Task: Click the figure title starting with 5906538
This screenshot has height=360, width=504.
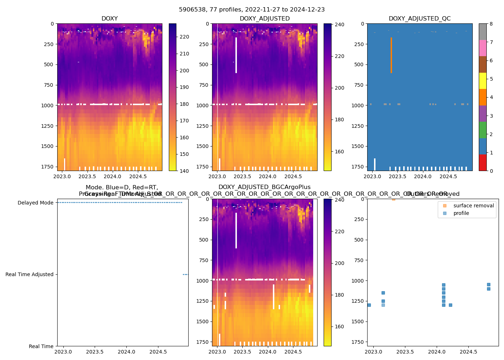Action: click(252, 10)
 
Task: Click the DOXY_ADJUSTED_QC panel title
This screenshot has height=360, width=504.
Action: click(419, 19)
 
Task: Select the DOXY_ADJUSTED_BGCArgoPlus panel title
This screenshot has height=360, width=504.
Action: click(264, 187)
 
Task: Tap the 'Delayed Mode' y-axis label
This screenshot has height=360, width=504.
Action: click(35, 203)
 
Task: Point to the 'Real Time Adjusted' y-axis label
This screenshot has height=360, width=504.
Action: click(30, 274)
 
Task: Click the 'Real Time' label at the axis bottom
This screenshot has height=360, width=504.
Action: click(41, 346)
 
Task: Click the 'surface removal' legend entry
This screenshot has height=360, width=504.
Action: click(473, 206)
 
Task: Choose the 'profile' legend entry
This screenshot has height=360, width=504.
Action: click(461, 213)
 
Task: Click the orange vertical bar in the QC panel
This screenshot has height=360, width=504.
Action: click(391, 55)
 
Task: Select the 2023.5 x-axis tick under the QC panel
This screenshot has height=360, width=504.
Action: click(397, 176)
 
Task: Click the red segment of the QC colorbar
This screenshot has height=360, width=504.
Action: click(482, 162)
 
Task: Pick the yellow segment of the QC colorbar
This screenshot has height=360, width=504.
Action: click(482, 81)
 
